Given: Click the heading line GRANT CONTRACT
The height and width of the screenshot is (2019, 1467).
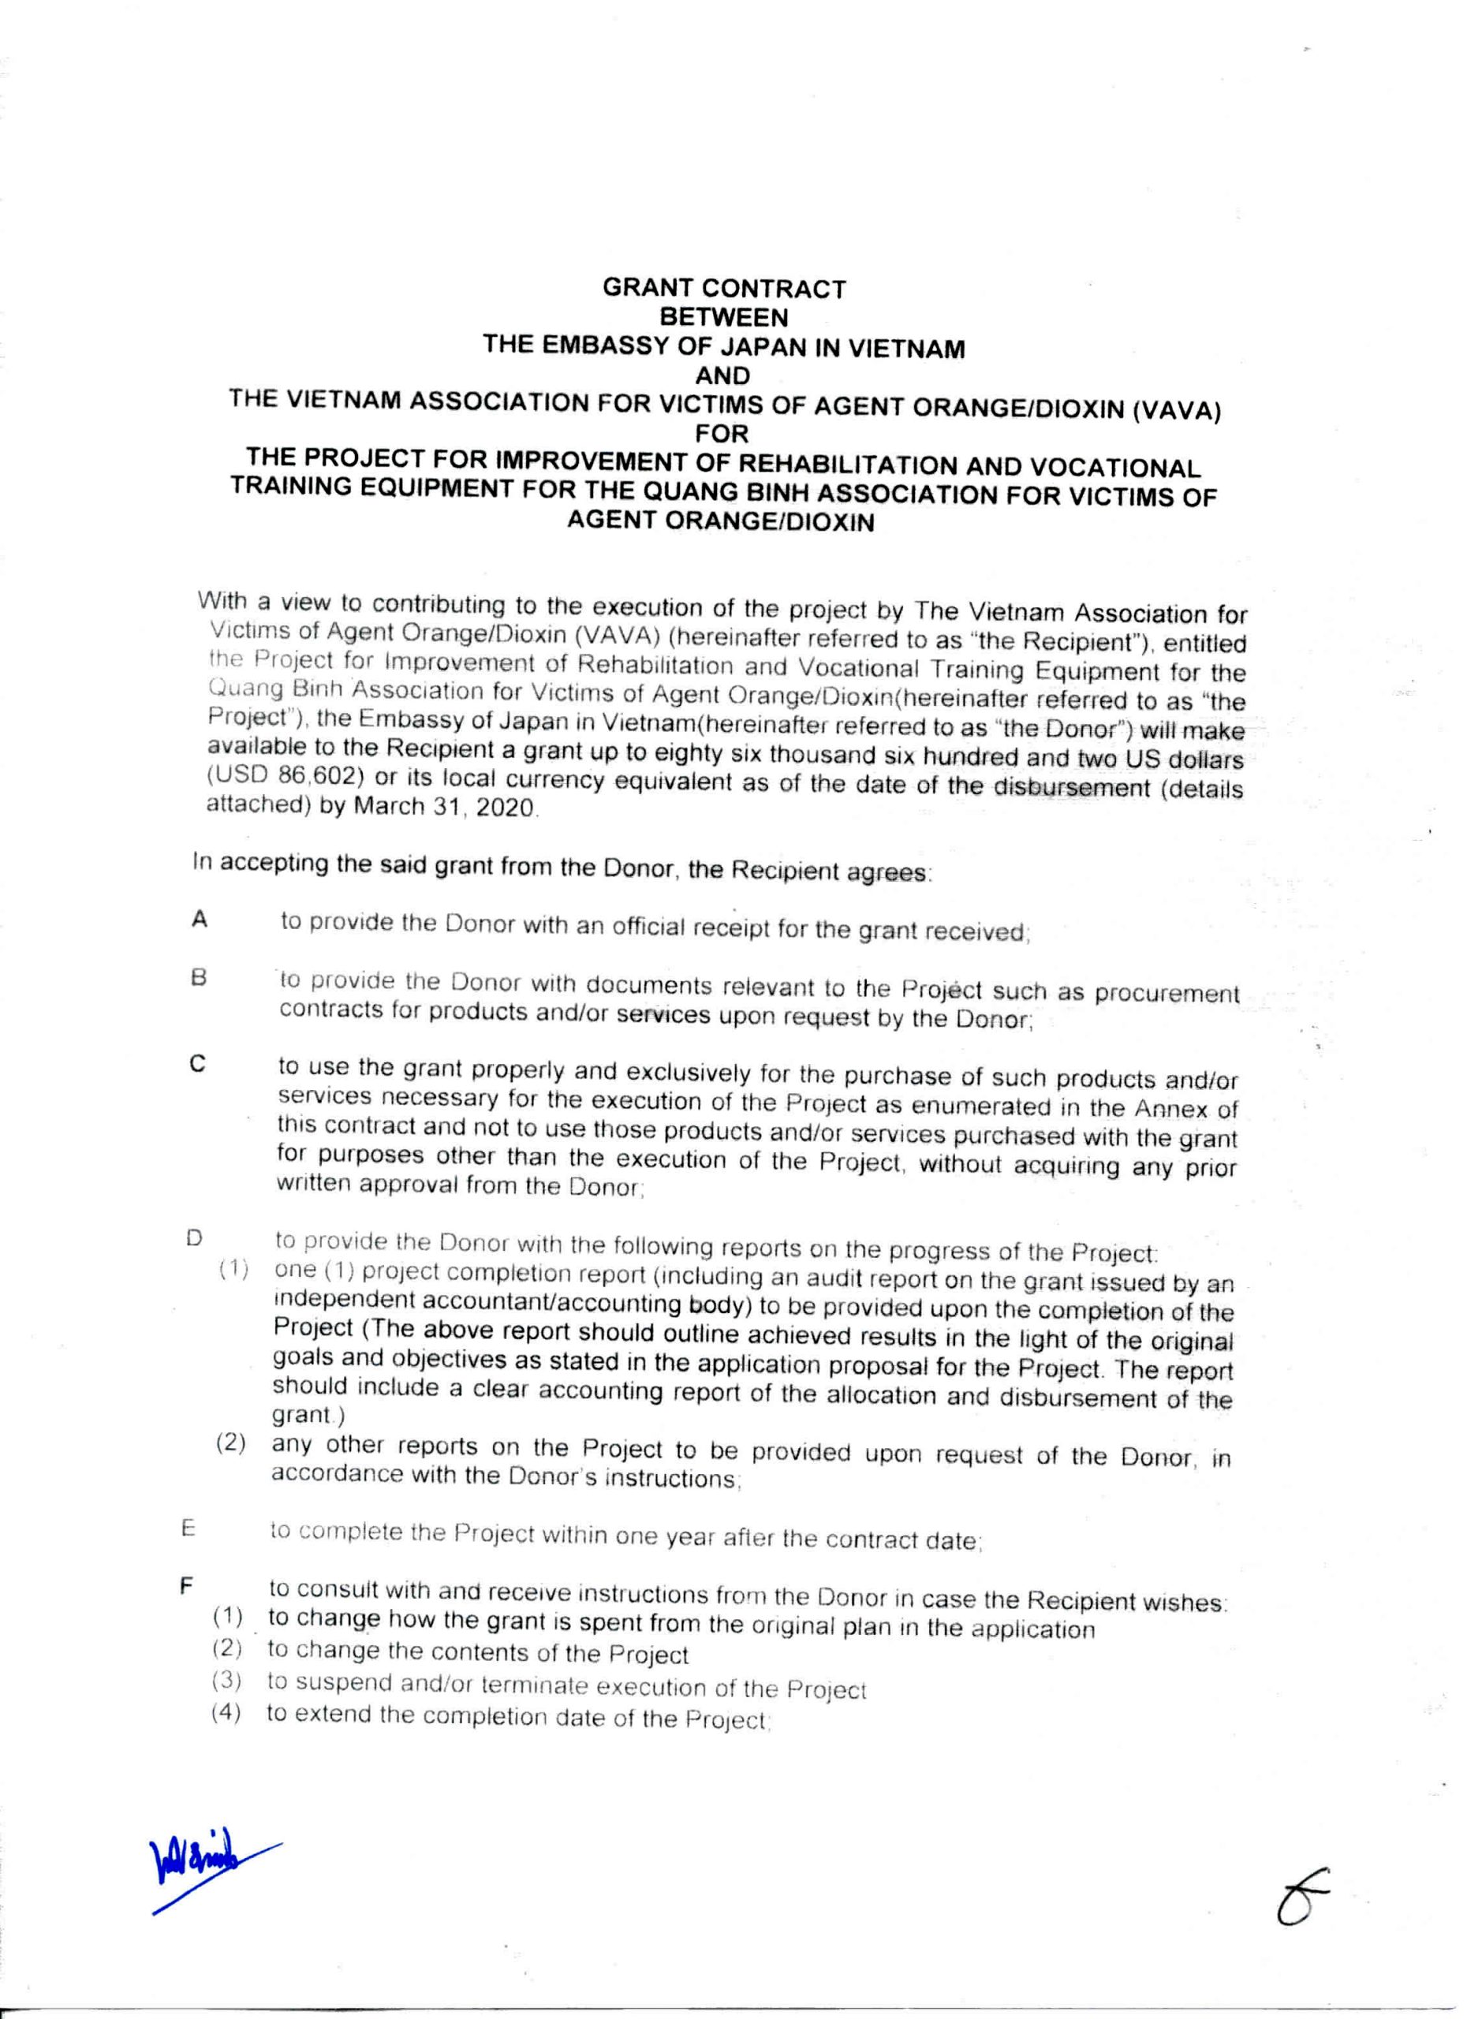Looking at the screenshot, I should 724,289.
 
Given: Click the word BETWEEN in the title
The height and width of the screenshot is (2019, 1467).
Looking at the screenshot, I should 724,317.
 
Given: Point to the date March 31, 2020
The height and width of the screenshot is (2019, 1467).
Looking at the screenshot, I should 445,808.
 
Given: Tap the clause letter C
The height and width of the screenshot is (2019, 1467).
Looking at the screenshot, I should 199,1065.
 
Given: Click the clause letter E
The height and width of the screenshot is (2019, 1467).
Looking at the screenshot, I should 188,1528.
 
